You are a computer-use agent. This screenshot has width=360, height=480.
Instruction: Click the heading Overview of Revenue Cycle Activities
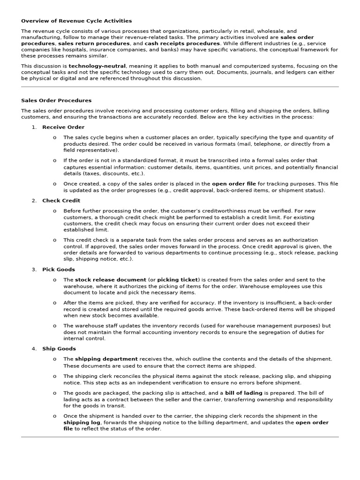76,21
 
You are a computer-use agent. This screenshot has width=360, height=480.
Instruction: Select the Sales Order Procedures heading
56,100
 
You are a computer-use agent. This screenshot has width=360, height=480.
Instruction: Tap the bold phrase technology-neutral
97,67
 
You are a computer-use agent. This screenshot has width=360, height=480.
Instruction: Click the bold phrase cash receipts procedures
182,44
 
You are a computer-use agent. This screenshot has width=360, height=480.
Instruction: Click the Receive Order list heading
63,127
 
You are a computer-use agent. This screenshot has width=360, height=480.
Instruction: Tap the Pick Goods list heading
59,270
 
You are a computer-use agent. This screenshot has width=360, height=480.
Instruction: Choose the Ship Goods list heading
59,349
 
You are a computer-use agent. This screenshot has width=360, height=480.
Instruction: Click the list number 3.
34,270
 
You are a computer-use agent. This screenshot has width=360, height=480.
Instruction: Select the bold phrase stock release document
110,280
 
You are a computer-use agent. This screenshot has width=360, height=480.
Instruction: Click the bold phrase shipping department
106,359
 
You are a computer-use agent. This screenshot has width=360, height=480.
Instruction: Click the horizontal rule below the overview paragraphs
180,87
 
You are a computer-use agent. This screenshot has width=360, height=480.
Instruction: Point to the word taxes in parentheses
74,173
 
